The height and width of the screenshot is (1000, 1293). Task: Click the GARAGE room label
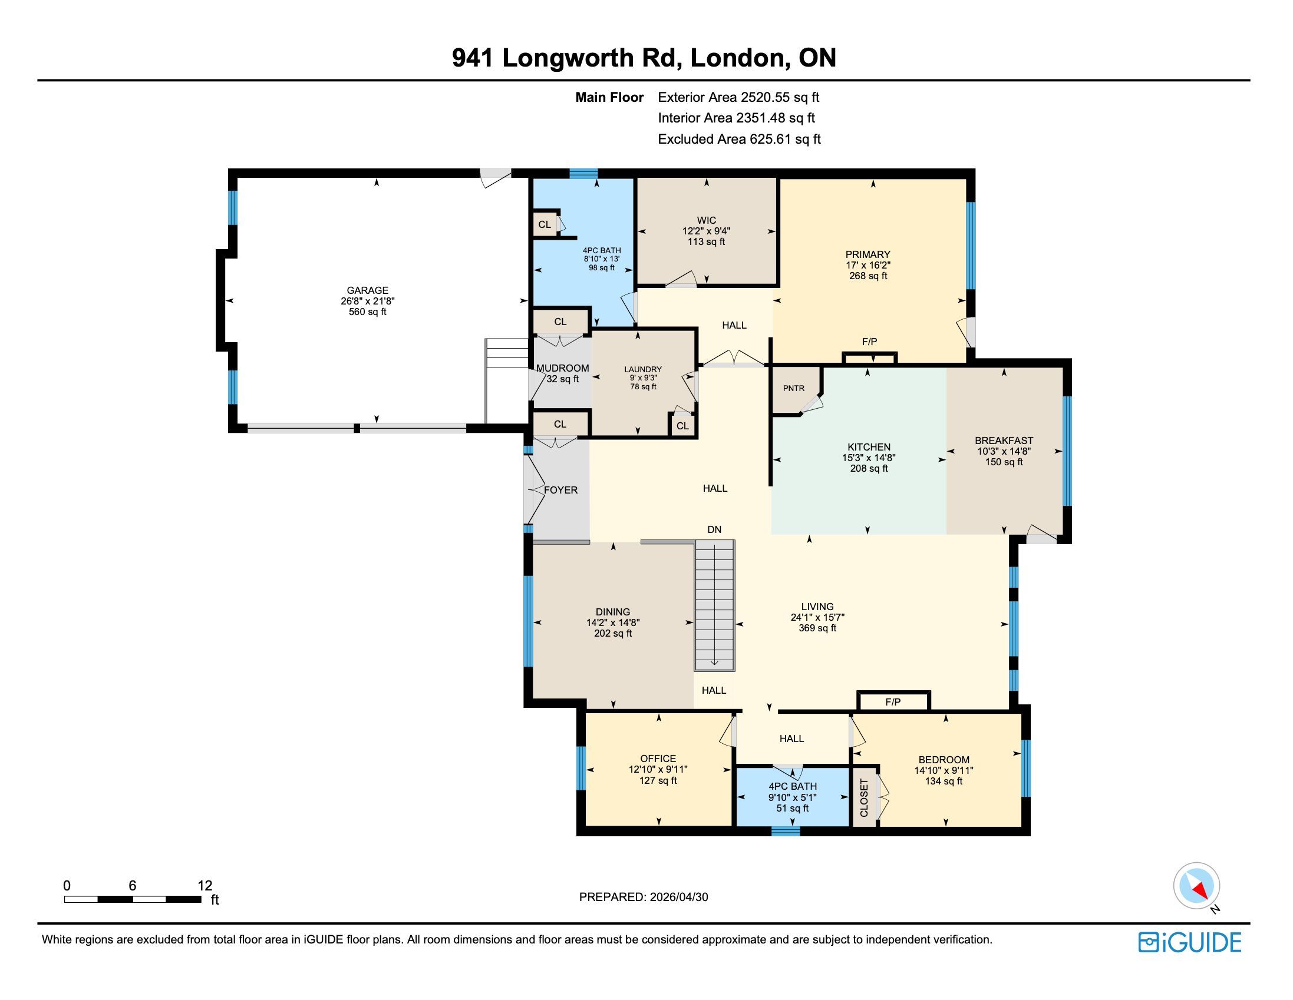[368, 290]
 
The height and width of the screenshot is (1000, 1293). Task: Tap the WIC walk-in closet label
[706, 221]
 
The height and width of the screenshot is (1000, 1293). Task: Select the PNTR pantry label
[793, 388]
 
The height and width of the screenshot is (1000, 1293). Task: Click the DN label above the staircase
[715, 529]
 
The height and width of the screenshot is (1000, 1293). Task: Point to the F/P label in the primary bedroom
[869, 342]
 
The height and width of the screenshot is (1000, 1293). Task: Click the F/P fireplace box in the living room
[893, 701]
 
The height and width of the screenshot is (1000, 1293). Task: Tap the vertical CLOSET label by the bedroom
[864, 797]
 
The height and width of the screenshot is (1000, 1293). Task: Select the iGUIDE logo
[1190, 942]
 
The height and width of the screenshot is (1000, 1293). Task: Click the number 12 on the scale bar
[205, 886]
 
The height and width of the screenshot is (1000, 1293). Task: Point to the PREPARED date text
[644, 896]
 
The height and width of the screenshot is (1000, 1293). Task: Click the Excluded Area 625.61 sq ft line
[740, 139]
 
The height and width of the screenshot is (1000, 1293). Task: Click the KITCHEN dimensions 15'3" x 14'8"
[869, 458]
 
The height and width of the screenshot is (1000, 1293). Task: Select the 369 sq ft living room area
[817, 628]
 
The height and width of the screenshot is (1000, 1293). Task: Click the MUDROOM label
[562, 368]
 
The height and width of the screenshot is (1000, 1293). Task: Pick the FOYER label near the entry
[560, 490]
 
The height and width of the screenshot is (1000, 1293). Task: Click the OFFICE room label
[658, 759]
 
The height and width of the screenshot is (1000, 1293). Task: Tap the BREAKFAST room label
[1004, 441]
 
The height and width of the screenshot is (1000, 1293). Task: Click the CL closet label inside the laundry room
[682, 426]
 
